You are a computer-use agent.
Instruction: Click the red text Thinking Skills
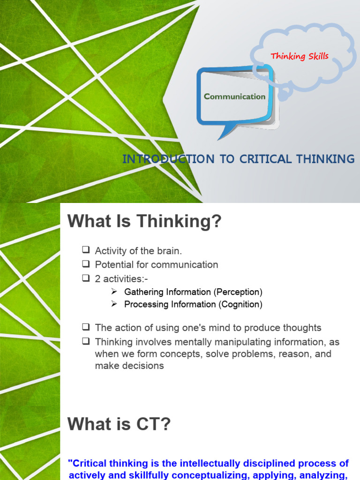click(x=300, y=57)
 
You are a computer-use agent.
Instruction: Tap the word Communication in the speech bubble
click(x=234, y=97)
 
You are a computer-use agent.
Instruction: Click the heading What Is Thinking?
click(x=144, y=222)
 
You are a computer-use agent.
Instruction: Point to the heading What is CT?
click(x=120, y=425)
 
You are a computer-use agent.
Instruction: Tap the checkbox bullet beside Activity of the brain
click(x=85, y=251)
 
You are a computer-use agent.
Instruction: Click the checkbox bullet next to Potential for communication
click(x=85, y=264)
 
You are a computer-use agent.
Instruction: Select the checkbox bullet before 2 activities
click(x=85, y=278)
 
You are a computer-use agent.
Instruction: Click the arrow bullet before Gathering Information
click(x=114, y=292)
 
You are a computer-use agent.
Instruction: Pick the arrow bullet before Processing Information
click(x=114, y=304)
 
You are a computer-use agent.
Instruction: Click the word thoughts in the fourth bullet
click(x=301, y=328)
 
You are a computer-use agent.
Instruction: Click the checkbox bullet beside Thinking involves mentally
click(x=85, y=342)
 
